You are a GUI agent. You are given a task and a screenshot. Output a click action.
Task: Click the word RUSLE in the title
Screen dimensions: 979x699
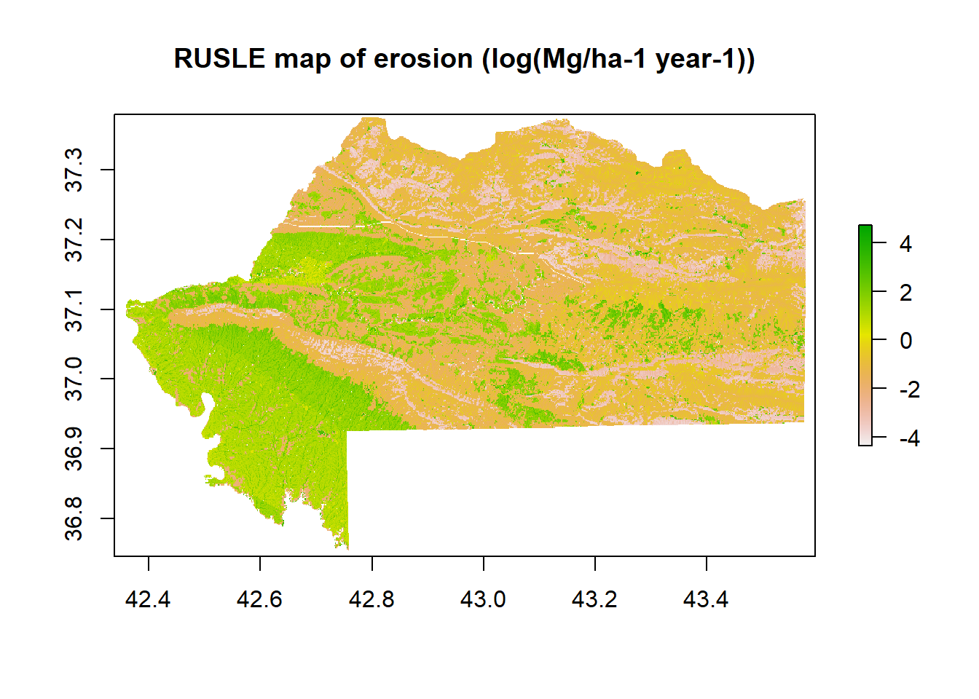(x=219, y=58)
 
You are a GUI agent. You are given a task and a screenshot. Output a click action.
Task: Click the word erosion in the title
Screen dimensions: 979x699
(x=423, y=58)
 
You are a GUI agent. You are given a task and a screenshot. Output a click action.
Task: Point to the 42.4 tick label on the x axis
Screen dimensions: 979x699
(x=148, y=599)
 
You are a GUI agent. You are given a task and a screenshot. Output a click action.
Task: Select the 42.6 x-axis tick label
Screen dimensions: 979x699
(x=259, y=599)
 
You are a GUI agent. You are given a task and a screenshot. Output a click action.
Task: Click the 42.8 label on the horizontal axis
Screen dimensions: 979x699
(x=371, y=599)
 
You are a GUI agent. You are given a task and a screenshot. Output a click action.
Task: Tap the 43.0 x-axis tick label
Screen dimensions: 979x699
(x=483, y=599)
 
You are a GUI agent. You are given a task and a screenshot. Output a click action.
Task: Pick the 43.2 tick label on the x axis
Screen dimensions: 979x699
(x=594, y=599)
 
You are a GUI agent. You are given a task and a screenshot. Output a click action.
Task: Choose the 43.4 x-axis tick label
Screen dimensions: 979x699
(x=706, y=599)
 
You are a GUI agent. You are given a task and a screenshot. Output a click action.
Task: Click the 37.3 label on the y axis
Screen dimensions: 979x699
(x=74, y=170)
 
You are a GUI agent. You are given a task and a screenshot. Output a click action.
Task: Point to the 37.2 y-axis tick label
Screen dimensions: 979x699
(x=74, y=240)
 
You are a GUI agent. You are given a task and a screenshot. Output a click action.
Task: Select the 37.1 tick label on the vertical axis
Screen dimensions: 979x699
(x=74, y=309)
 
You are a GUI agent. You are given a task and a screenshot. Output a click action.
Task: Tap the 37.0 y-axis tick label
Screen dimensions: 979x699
(x=74, y=379)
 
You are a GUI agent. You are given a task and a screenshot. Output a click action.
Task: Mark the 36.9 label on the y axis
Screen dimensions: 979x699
(x=74, y=449)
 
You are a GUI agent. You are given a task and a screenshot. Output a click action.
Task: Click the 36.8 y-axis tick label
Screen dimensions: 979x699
(x=74, y=518)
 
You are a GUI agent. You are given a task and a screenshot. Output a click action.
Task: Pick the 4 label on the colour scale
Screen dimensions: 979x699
(x=905, y=244)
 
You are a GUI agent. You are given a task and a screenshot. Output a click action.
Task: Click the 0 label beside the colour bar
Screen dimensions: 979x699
(x=906, y=340)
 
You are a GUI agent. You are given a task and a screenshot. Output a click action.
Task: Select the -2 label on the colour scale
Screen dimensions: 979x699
(x=910, y=389)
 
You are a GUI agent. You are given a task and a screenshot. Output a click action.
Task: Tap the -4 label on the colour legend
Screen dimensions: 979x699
(x=910, y=438)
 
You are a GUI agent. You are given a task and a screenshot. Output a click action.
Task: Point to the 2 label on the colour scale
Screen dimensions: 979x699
(x=906, y=292)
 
